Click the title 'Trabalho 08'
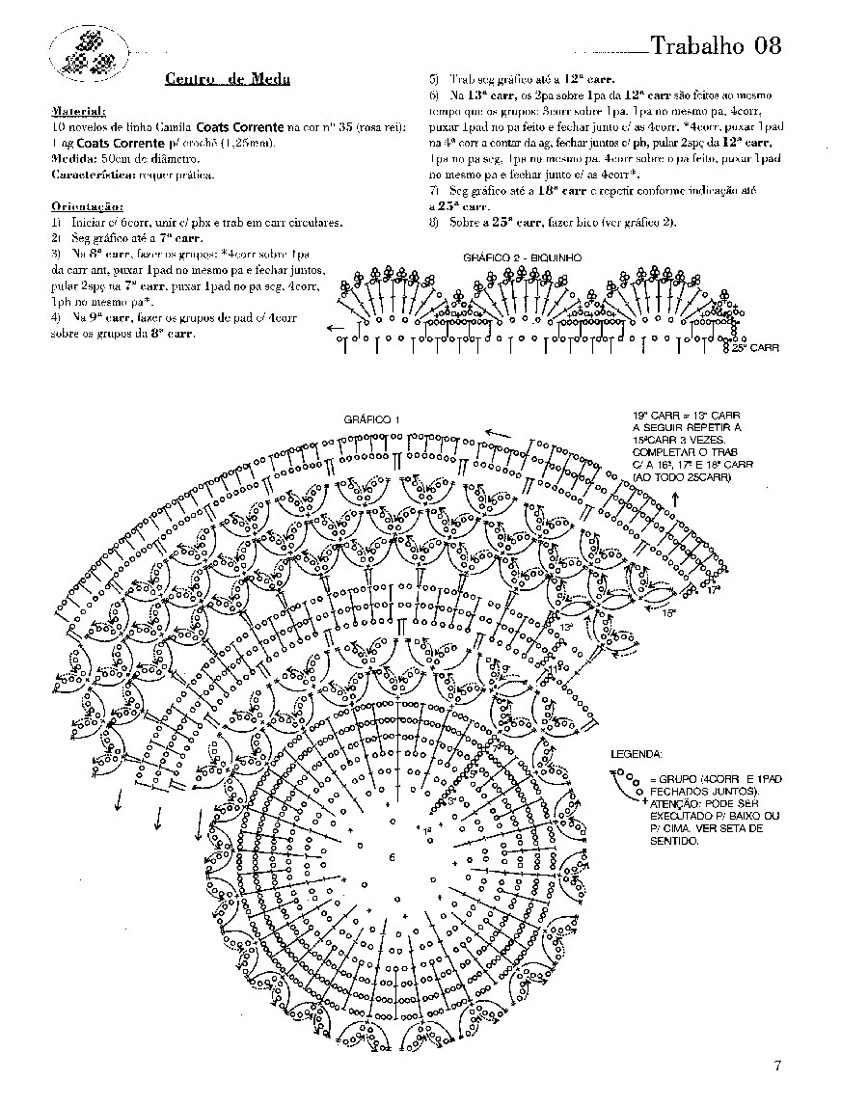coord(715,45)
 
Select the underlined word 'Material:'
coord(78,111)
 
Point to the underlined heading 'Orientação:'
coord(87,206)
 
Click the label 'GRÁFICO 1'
coord(371,420)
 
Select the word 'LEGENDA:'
coord(637,753)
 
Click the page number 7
coord(776,1066)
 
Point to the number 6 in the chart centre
coord(392,857)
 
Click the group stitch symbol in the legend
coord(629,784)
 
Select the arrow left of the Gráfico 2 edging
coord(336,328)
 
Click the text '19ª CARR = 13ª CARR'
coord(686,414)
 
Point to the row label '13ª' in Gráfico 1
coord(566,627)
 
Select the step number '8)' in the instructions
coord(434,223)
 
